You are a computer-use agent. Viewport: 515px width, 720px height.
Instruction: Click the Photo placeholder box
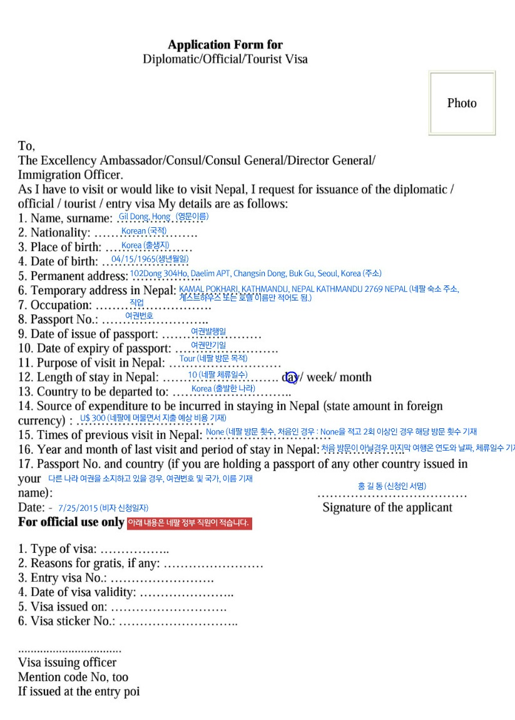point(462,103)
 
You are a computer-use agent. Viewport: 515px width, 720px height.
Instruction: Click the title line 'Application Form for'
point(225,44)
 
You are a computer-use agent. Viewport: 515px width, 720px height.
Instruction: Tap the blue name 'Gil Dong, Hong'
point(145,217)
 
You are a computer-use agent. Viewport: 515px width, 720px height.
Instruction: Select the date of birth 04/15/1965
point(133,259)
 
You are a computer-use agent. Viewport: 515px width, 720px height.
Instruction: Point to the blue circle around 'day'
point(292,377)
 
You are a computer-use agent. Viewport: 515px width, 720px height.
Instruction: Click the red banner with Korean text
point(189,523)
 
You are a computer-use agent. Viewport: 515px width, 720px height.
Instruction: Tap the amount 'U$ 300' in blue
point(93,418)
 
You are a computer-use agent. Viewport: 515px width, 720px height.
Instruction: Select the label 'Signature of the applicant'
point(387,507)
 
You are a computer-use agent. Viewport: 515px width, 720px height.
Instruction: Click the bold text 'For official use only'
point(71,522)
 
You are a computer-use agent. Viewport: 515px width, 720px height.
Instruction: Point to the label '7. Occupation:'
point(55,306)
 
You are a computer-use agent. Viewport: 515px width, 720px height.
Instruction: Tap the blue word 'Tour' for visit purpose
point(188,359)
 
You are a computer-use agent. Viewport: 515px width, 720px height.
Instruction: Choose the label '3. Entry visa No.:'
point(63,578)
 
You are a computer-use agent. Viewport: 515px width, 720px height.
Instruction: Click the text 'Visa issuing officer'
point(67,662)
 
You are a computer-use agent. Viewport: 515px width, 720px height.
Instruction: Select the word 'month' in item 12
point(355,377)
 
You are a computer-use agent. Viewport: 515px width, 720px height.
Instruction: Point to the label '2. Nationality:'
point(54,233)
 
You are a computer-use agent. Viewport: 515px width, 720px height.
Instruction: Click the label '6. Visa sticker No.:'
point(66,622)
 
